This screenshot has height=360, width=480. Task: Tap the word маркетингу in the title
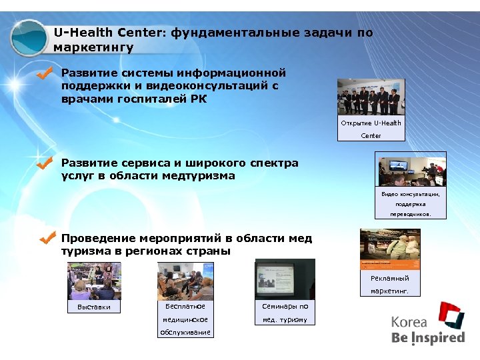point(93,47)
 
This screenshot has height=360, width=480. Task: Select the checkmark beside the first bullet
point(45,74)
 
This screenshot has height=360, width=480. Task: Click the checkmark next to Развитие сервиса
point(45,163)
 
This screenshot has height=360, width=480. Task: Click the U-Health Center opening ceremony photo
point(371,98)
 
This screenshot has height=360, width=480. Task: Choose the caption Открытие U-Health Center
point(371,129)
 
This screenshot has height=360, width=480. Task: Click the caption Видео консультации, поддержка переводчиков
point(411,204)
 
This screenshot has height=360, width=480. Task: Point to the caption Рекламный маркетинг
point(390,285)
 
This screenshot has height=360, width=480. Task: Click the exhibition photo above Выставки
point(94,280)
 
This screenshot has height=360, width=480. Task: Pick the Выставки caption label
point(94,307)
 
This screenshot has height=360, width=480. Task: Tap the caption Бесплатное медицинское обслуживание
point(185,319)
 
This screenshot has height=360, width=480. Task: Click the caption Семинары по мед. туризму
point(285,313)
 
